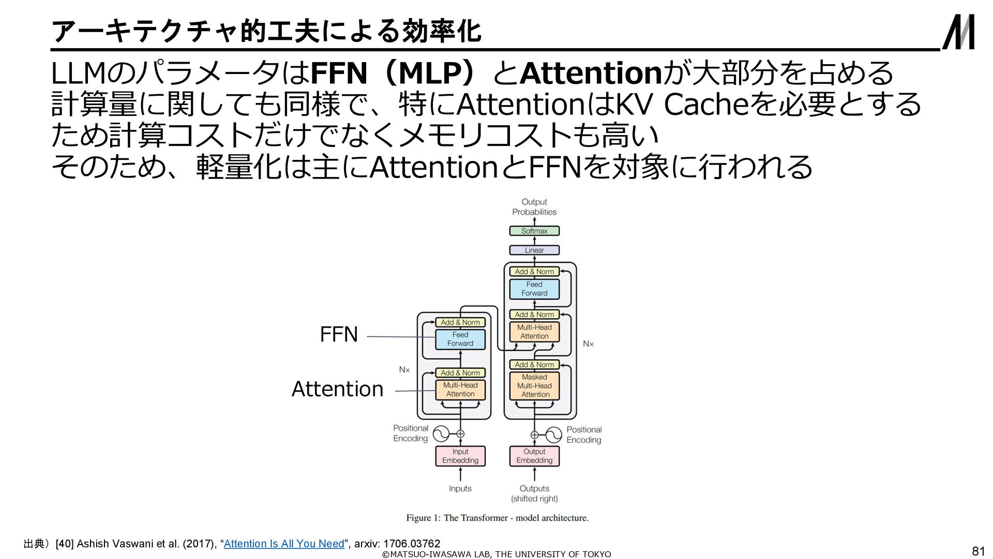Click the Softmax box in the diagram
[534, 231]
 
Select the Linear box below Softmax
[534, 250]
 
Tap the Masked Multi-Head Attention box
[534, 386]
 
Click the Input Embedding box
[460, 456]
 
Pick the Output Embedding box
[534, 456]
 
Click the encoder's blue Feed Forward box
[460, 339]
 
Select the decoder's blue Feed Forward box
[534, 289]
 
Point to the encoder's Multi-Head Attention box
[460, 390]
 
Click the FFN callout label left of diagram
[339, 334]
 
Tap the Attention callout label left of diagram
[337, 389]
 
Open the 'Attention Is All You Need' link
[284, 543]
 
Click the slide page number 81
[979, 551]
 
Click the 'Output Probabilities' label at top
[534, 207]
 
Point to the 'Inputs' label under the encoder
[460, 489]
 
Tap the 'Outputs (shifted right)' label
[534, 494]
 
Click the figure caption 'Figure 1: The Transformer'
[497, 518]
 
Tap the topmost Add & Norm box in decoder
[534, 271]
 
